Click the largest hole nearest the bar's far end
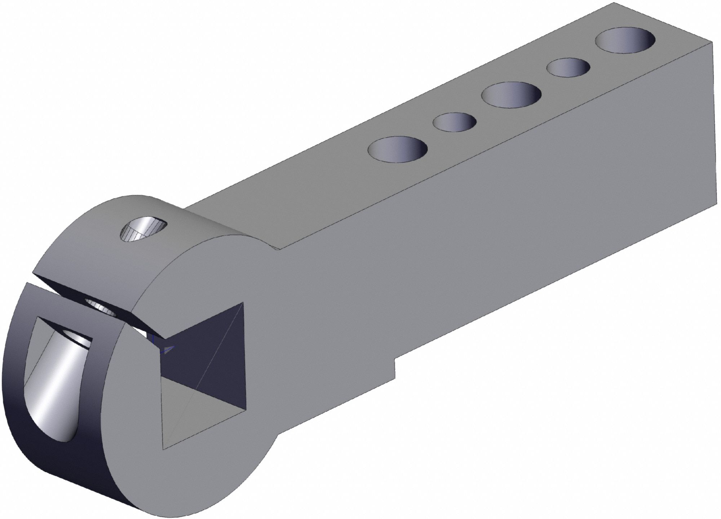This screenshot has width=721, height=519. [x=625, y=41]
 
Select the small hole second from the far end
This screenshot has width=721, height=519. [x=568, y=67]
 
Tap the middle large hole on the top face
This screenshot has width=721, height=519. [x=511, y=94]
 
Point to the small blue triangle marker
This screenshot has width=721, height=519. [x=169, y=349]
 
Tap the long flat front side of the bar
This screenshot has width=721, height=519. [x=469, y=252]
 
